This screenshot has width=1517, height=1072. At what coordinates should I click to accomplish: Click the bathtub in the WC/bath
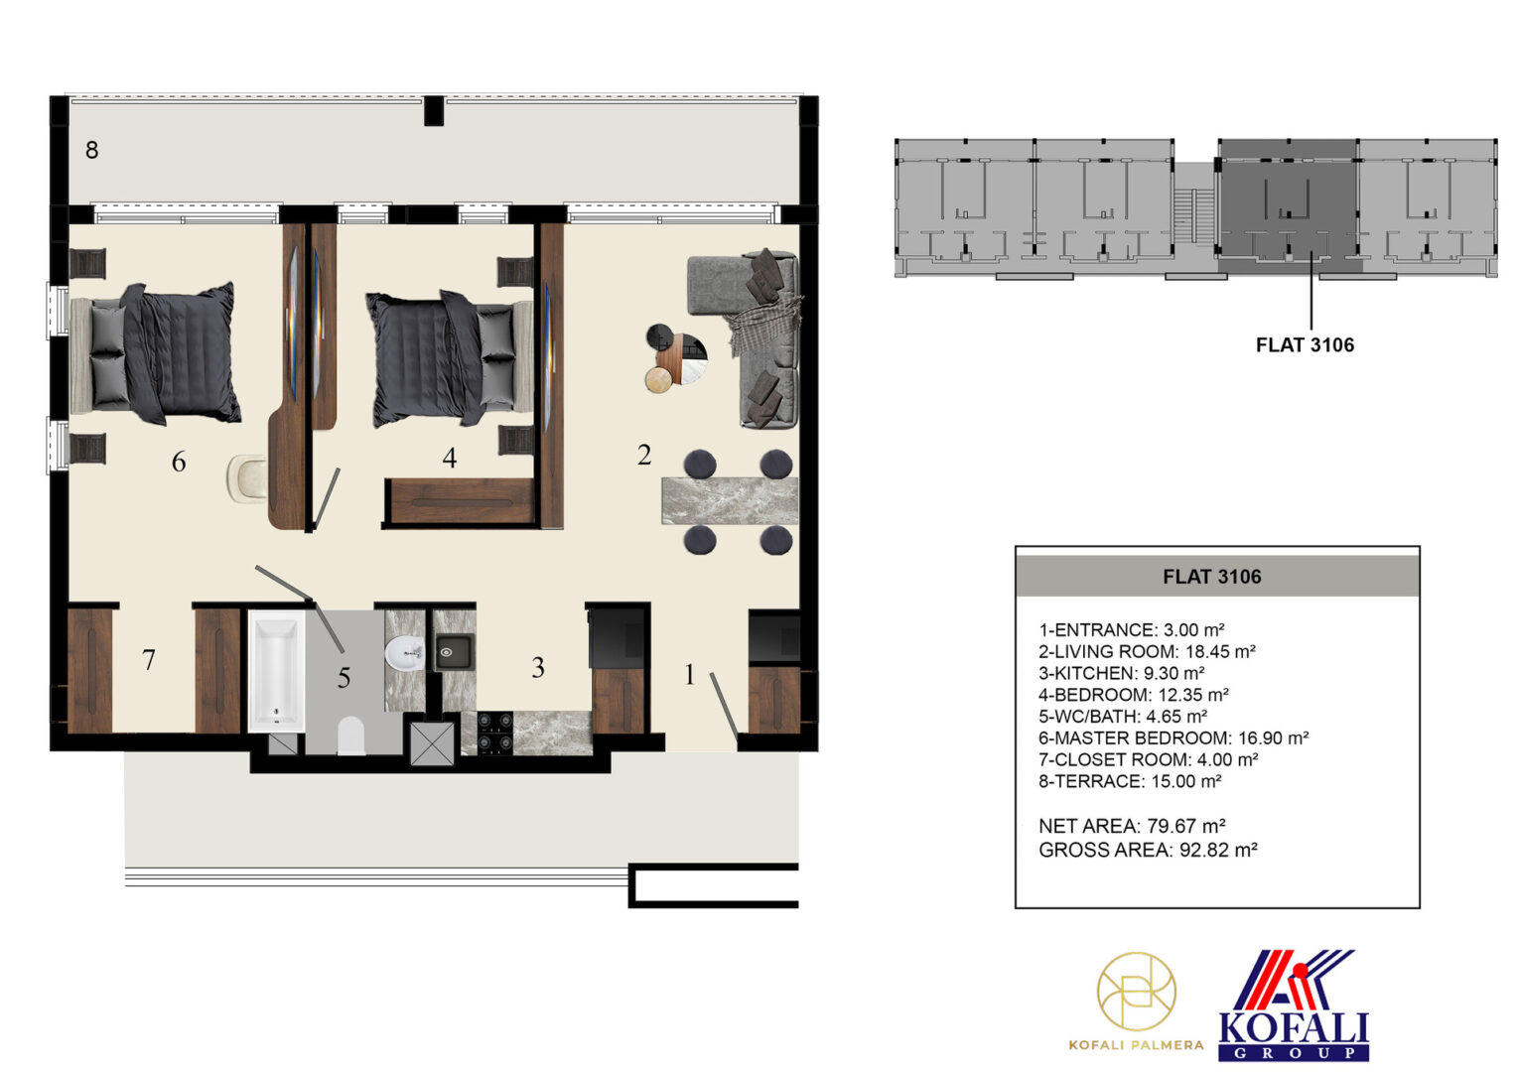276,671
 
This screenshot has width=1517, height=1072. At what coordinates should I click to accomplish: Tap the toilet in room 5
350,737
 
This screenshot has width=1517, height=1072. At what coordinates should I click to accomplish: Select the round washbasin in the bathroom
404,653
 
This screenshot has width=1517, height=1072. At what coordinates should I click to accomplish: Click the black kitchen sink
454,652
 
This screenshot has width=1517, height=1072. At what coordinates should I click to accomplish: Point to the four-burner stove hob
495,733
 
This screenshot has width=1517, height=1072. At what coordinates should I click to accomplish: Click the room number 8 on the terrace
92,150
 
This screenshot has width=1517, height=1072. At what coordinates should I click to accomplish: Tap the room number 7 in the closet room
148,660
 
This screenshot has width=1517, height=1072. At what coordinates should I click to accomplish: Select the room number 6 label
179,462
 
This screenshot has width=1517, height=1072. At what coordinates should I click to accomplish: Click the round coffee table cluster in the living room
676,357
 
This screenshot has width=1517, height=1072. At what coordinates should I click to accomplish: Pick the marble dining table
730,501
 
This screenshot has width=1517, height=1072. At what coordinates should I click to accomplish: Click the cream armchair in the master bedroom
247,478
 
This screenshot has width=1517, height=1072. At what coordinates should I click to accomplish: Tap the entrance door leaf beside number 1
724,705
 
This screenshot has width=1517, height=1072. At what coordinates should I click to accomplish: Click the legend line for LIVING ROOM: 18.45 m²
1148,651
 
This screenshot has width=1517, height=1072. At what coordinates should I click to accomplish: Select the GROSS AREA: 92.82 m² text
1148,850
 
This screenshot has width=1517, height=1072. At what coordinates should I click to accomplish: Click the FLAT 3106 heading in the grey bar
1211,577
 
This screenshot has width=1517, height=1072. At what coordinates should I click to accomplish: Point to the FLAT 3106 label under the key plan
1305,345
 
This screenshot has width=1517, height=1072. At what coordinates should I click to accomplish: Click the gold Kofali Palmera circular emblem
1137,993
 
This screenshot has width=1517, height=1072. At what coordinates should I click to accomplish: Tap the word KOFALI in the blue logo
1294,1028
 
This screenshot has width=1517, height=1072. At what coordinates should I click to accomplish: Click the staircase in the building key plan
1194,214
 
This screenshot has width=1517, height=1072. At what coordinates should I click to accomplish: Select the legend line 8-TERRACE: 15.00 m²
1130,781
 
